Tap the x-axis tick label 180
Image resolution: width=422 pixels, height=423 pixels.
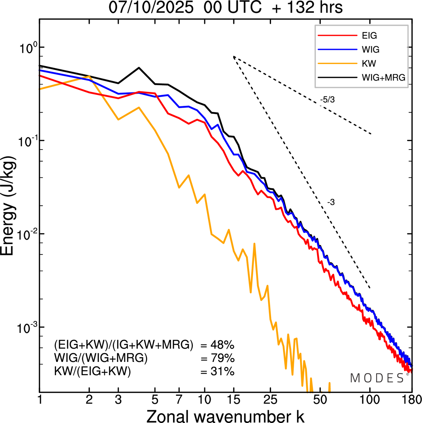tap(412, 400)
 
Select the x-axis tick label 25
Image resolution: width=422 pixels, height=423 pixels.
tap(270, 400)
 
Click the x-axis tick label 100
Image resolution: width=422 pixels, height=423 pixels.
tap(370, 400)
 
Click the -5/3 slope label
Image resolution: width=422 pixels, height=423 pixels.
tap(327, 100)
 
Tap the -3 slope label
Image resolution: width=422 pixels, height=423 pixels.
tap(331, 202)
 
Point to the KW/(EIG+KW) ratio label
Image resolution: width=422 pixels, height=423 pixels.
tap(93, 371)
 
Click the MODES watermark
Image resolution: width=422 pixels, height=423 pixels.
tap(377, 378)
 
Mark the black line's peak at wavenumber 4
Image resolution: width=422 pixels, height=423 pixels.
tap(139, 68)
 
